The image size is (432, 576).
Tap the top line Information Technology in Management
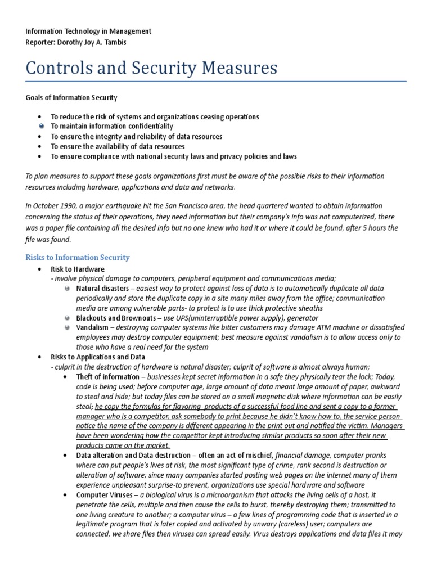88,31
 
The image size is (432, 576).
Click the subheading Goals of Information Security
71,97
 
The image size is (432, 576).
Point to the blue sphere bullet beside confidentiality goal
42,127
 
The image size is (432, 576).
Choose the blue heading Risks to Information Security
77,257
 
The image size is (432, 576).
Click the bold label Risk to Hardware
78,269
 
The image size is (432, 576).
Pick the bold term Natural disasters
101,288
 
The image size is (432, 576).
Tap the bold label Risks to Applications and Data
98,357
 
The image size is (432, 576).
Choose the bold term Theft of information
107,376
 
